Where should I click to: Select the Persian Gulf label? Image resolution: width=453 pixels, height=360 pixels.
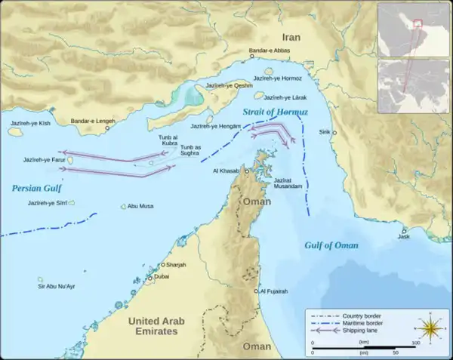pos(35,188)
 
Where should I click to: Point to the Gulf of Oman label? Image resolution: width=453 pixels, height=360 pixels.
pos(331,245)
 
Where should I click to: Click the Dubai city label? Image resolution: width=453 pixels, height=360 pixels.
pos(162,277)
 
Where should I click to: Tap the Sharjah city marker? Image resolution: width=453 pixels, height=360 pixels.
pos(162,265)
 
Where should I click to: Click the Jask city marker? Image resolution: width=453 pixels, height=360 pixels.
pos(405,231)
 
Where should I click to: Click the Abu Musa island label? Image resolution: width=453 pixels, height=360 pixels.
pos(141,206)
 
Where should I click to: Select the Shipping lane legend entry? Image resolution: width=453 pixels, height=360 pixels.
pos(362,331)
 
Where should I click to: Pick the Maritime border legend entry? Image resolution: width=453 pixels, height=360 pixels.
pos(363,323)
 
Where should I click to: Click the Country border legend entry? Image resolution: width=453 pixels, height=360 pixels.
pos(362,315)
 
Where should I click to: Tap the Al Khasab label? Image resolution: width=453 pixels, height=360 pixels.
pos(226,171)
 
